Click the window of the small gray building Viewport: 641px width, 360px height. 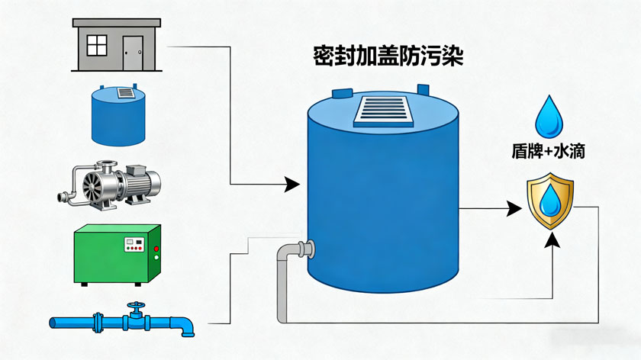(x=97, y=46)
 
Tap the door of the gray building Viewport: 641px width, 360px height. (x=134, y=51)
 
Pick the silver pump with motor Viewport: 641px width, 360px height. (x=111, y=183)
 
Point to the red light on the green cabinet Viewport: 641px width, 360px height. (x=156, y=249)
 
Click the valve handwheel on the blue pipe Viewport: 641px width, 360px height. (x=135, y=311)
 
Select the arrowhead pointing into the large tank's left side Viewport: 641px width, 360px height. (x=291, y=184)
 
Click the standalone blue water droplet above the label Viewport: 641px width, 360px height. (x=547, y=115)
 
